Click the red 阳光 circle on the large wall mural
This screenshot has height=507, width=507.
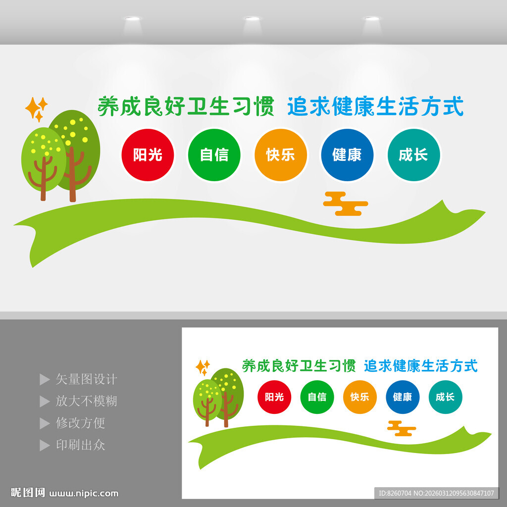(x=148, y=155)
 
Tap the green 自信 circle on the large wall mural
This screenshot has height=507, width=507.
(x=214, y=155)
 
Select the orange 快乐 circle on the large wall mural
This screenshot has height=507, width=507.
(x=281, y=155)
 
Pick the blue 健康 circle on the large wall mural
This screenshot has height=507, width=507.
(x=347, y=155)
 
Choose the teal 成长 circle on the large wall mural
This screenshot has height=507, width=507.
(x=414, y=155)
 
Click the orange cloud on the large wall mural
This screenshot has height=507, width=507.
(x=345, y=203)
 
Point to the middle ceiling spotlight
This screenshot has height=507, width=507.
(x=252, y=18)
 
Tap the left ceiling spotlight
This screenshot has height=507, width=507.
(x=133, y=18)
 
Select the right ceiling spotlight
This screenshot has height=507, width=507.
(x=372, y=18)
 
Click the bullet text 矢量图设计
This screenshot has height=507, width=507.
(x=86, y=379)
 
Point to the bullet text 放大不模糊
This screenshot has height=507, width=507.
(x=86, y=401)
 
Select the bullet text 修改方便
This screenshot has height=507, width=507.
(x=81, y=423)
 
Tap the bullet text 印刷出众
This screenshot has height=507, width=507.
(x=81, y=445)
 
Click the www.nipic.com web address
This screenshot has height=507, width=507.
(x=84, y=494)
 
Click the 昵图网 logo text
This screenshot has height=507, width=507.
(x=28, y=493)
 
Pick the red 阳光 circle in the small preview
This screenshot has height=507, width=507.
(x=274, y=397)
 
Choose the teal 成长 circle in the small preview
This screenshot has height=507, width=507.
(x=445, y=397)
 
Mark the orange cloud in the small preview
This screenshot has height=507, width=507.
(x=402, y=428)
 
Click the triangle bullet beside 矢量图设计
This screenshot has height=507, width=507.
(x=45, y=380)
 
